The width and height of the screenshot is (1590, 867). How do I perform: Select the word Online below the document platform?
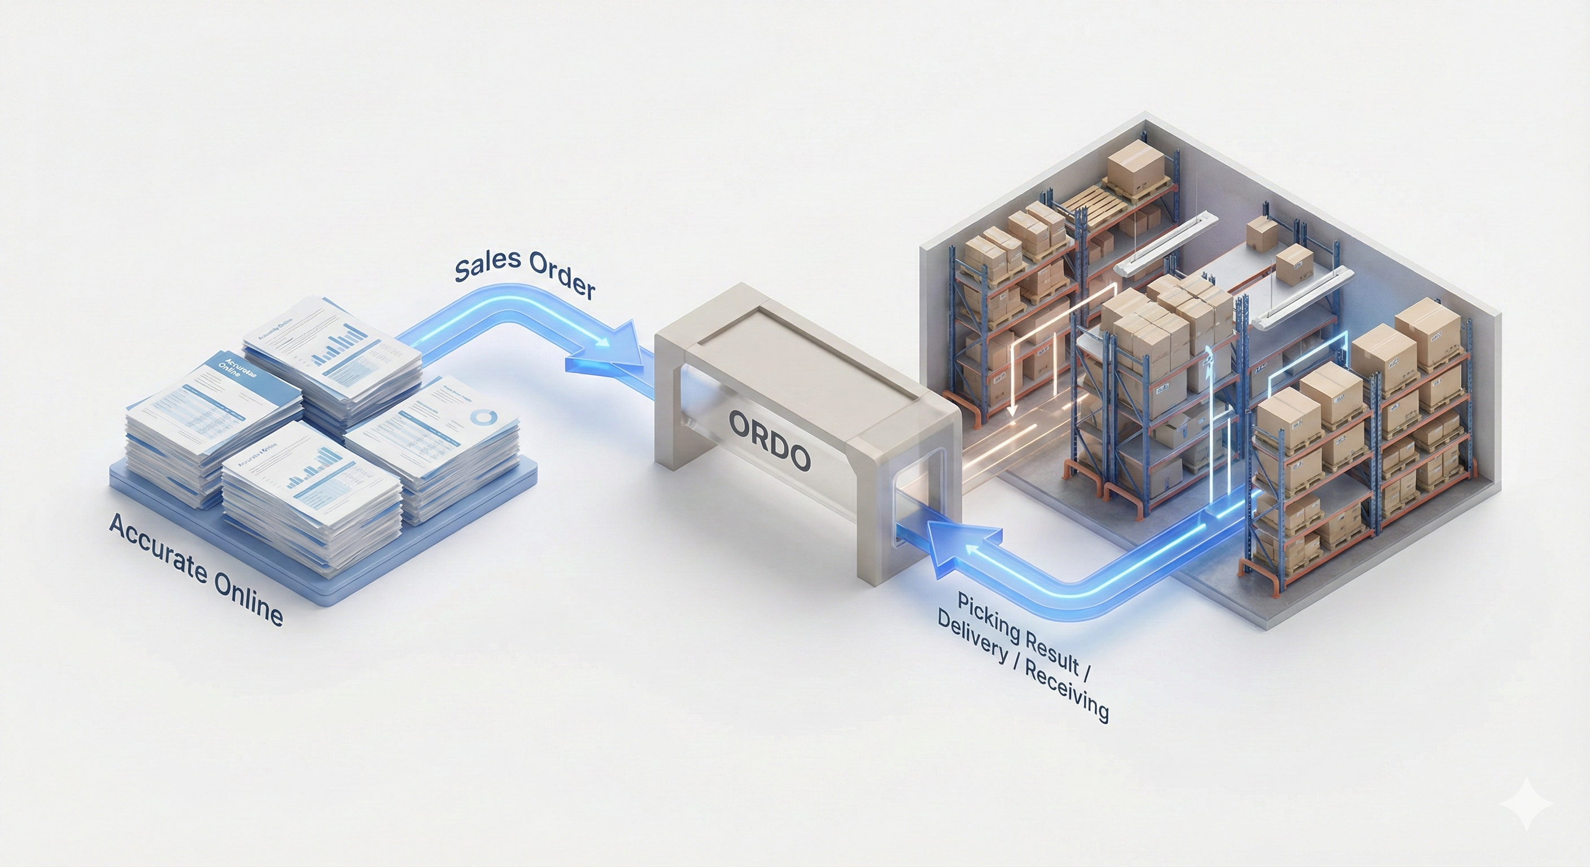[x=247, y=602]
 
